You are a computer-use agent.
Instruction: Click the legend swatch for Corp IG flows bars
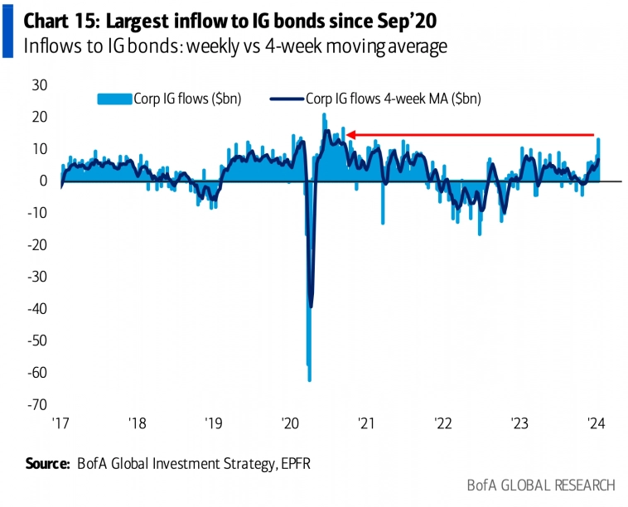[x=114, y=98]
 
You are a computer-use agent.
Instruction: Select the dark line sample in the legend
[x=287, y=98]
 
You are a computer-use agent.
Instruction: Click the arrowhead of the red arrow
[x=350, y=134]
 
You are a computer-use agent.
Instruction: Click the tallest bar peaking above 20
[x=324, y=116]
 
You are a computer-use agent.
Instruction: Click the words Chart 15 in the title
[x=57, y=17]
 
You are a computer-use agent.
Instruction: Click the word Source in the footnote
[x=46, y=464]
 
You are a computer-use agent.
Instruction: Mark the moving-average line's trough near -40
[x=311, y=307]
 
